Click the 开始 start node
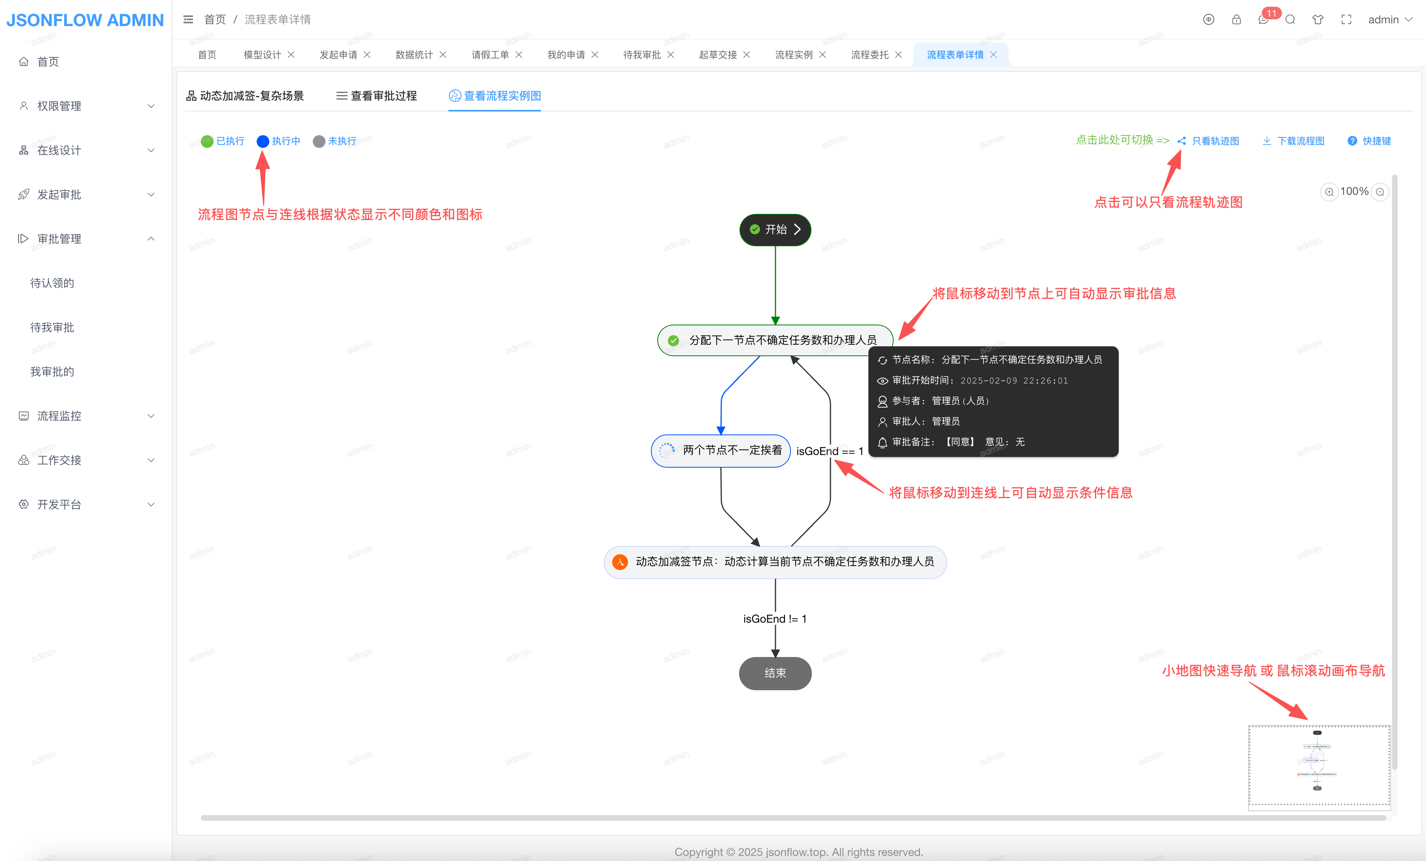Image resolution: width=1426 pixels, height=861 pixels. tap(775, 230)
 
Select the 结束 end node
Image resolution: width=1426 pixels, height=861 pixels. tap(775, 673)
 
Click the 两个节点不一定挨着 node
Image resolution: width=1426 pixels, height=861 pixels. tap(721, 450)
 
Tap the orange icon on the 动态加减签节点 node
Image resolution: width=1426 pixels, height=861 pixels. tap(620, 562)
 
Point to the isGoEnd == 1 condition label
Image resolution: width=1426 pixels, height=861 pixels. tap(829, 451)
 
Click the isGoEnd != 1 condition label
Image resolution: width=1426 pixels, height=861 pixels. tap(774, 619)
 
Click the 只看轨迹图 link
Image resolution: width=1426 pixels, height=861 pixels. tap(1215, 141)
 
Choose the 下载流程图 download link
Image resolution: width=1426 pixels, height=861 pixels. tap(1300, 141)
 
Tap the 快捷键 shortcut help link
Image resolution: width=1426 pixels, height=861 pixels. tap(1376, 141)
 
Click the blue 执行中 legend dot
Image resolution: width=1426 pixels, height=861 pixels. tap(263, 141)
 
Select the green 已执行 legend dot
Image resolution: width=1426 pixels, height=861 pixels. tap(207, 141)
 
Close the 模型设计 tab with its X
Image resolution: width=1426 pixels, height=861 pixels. tap(291, 55)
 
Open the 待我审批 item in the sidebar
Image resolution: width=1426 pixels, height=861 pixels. tap(52, 327)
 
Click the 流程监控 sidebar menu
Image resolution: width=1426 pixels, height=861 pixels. tap(59, 416)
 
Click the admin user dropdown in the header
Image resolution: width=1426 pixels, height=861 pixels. tap(1390, 20)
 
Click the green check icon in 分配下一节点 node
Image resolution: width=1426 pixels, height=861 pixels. tap(673, 340)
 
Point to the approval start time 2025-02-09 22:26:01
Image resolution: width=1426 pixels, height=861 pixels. tap(1014, 381)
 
